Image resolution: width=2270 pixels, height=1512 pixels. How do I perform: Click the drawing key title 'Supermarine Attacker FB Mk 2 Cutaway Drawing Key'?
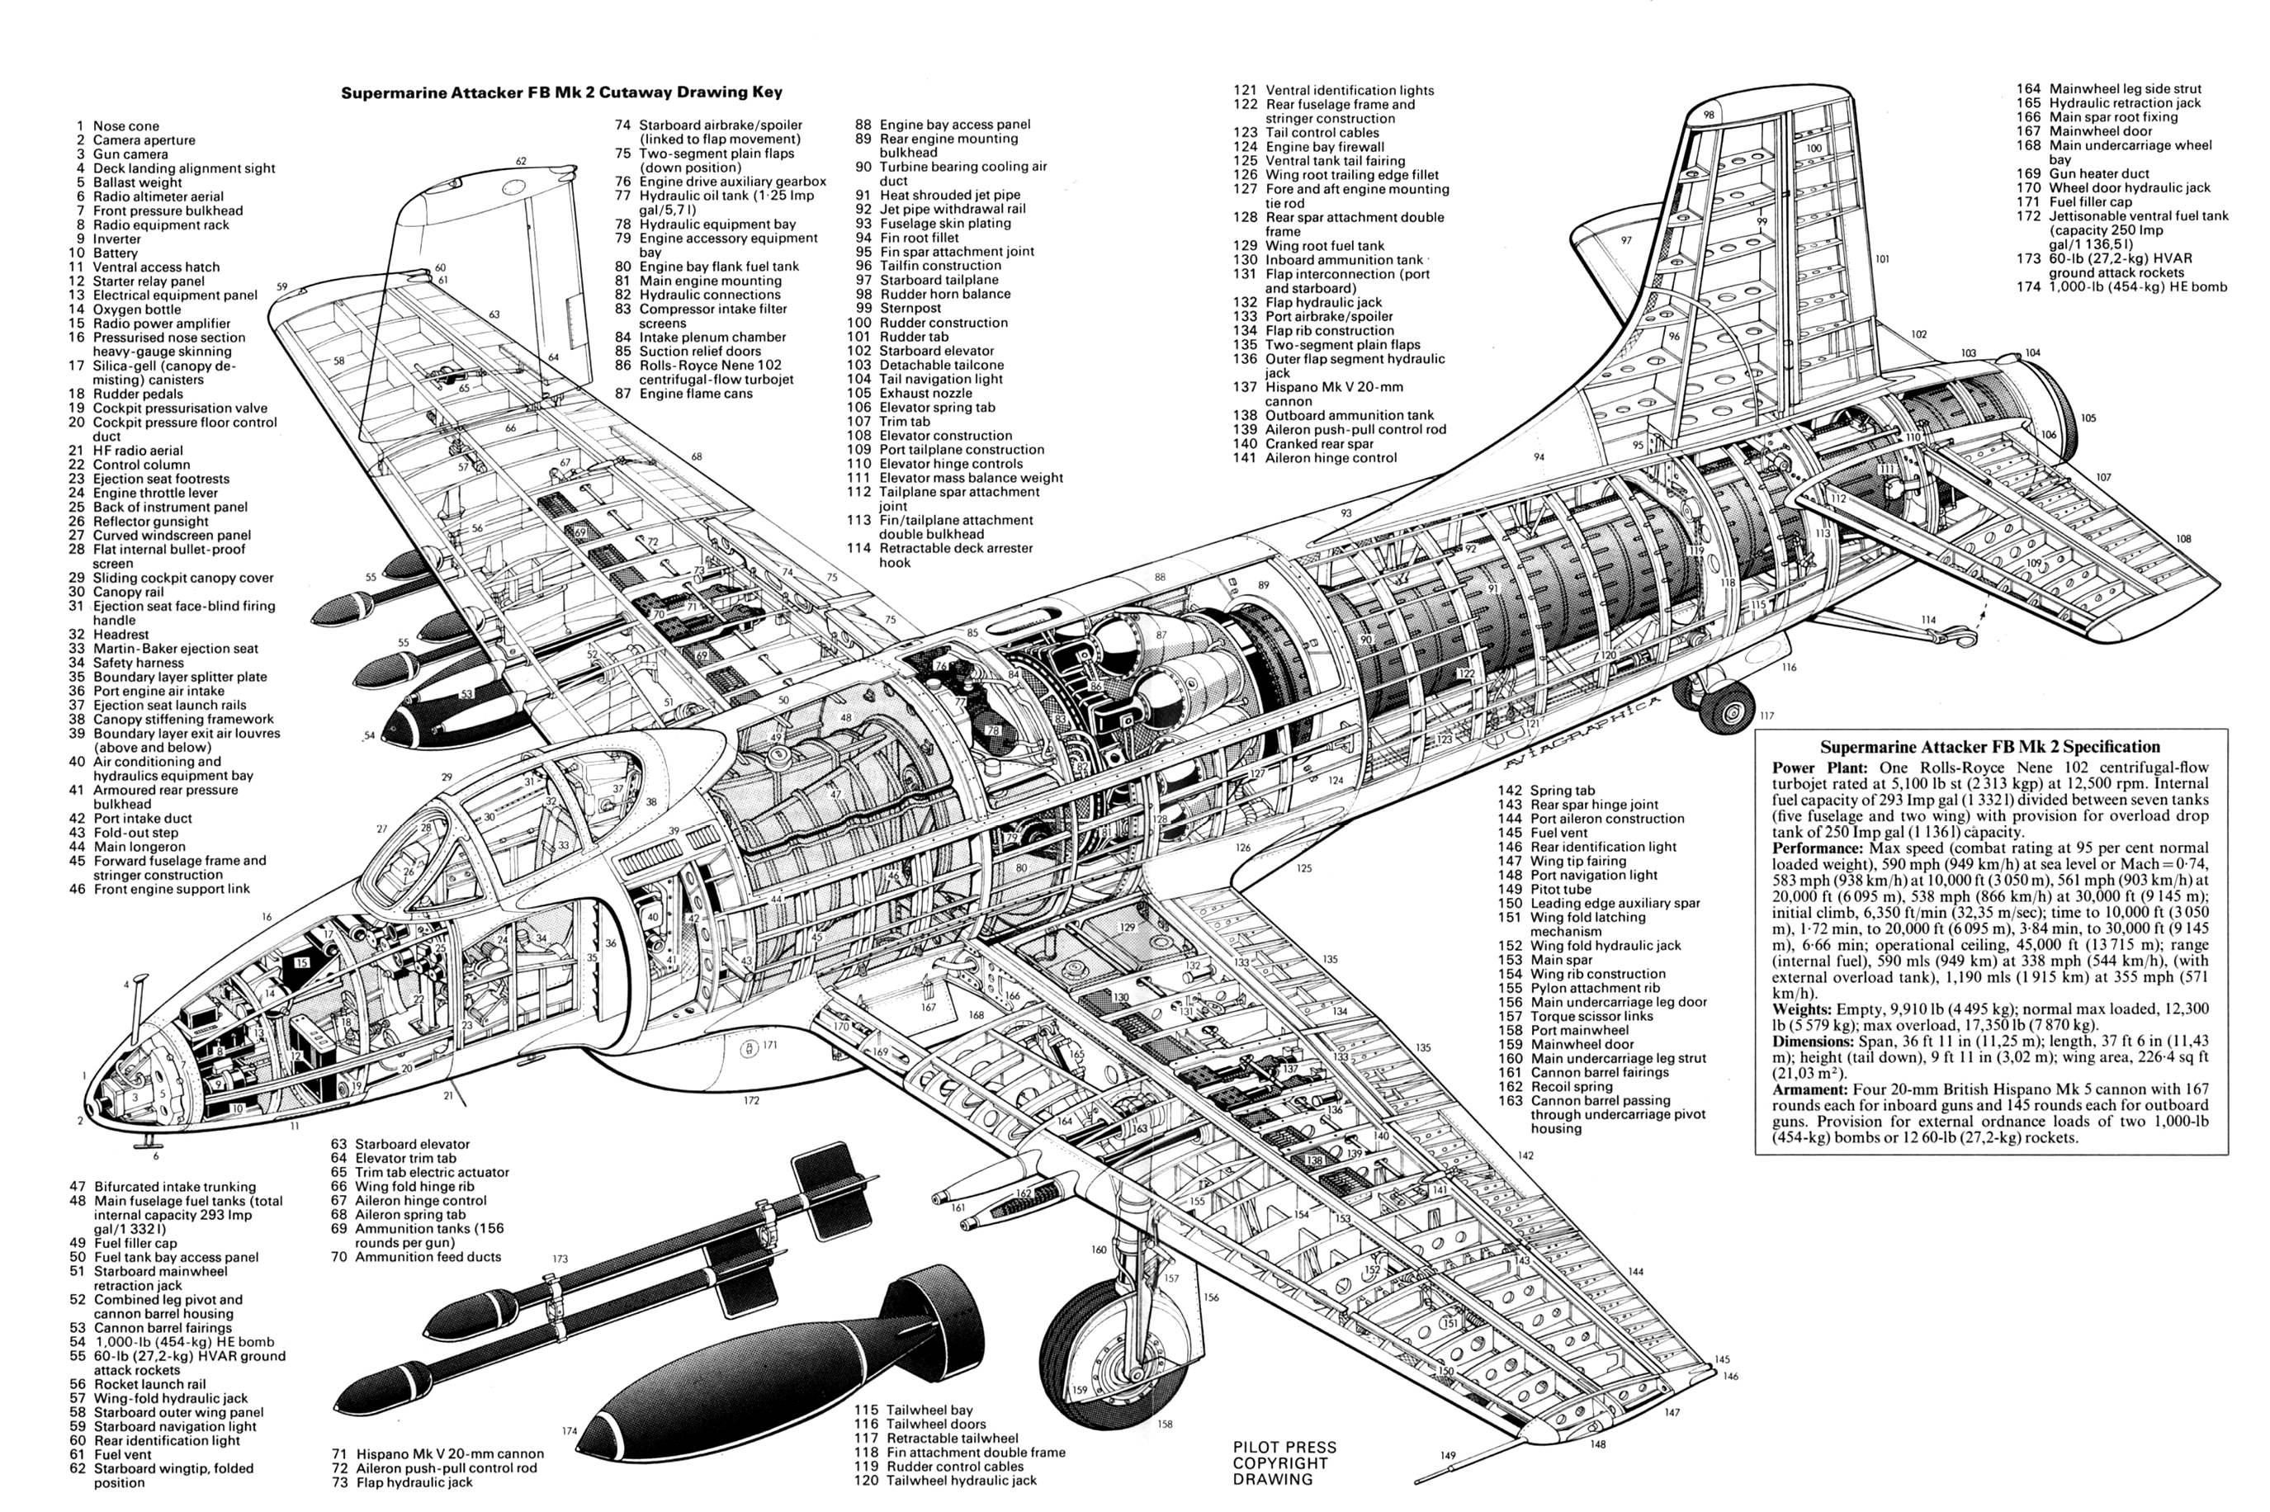561,93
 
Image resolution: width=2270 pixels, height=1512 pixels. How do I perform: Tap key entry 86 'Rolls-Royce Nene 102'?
710,366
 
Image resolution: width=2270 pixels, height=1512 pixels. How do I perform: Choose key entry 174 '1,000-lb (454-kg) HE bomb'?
2137,286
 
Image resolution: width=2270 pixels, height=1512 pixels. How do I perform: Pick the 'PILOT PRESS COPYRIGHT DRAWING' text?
1284,1462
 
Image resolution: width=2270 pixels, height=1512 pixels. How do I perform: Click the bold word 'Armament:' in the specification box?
1808,1089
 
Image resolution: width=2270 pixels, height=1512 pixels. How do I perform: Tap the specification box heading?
1989,747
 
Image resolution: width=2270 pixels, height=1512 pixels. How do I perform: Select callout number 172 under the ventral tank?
750,1100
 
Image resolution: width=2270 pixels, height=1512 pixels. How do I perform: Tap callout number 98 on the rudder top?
1709,115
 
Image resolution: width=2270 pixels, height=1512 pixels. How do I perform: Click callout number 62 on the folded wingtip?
521,161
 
